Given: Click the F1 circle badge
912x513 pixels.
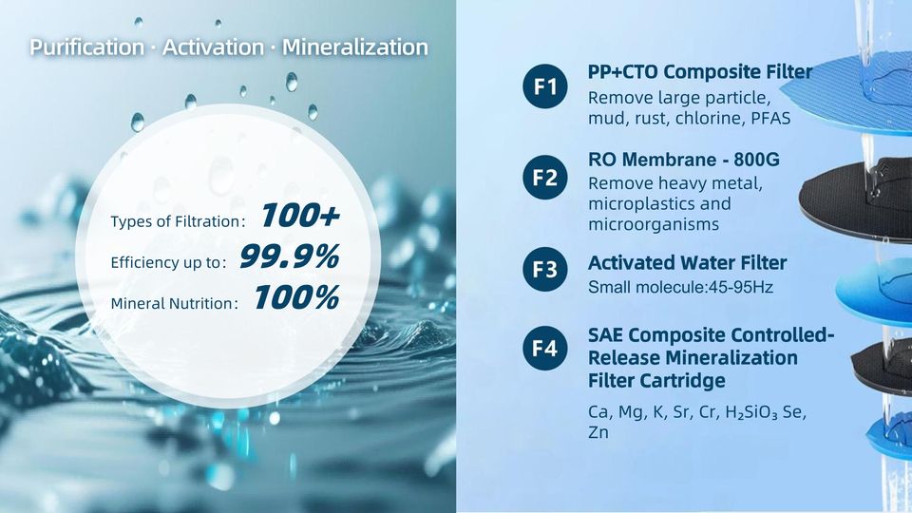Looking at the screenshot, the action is point(545,86).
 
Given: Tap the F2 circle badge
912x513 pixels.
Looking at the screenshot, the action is point(545,178).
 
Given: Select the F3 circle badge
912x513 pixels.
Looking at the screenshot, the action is point(545,269).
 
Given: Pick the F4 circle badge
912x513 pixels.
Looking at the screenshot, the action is point(545,348).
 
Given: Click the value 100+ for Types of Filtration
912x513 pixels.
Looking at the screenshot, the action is point(300,216).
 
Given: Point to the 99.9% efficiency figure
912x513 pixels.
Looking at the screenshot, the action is point(290,256).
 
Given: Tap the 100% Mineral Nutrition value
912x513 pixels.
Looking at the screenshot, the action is point(296,297).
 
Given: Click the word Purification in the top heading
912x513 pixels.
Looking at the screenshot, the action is point(86,47).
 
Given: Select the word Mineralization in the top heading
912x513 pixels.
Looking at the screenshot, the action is point(355,47).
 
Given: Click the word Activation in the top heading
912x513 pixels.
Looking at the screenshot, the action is point(213,47).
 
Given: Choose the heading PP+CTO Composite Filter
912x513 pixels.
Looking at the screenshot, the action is point(700,71).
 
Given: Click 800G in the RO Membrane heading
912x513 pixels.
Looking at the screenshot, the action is point(757,160).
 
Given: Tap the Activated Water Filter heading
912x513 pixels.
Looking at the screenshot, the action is point(688,263).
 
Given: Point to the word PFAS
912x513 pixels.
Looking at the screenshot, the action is point(770,119).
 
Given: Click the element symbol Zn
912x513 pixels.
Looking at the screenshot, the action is point(598,433).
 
